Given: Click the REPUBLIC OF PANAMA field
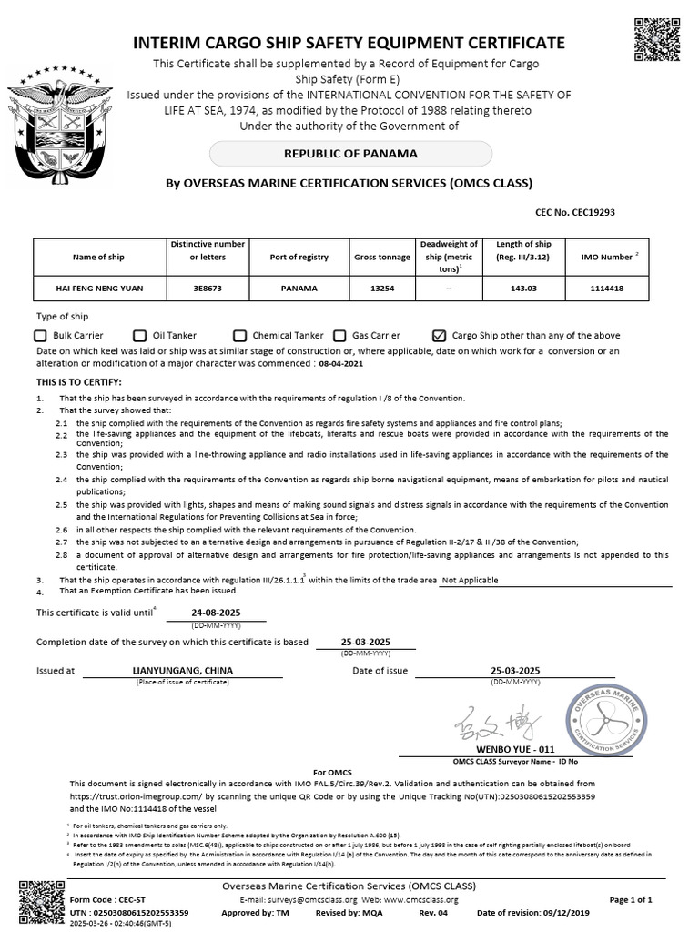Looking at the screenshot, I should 351,154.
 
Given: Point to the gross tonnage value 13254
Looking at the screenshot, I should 381,289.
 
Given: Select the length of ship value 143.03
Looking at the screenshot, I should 523,289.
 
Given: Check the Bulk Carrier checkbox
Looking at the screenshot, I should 41,336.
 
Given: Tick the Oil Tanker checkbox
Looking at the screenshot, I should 140,336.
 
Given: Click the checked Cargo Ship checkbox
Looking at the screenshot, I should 440,336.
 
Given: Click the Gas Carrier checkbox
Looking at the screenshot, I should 340,336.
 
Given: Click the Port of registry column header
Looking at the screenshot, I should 299,258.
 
